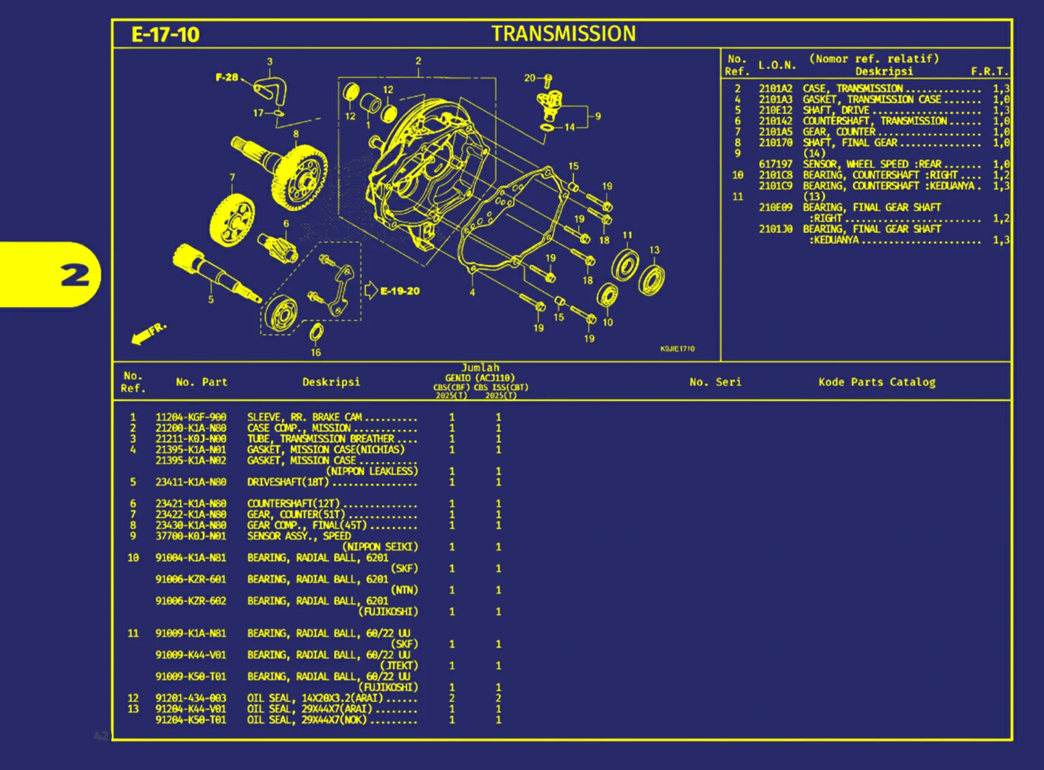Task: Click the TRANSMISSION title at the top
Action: coord(563,33)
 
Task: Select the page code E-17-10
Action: coord(165,35)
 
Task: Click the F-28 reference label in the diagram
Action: coord(227,77)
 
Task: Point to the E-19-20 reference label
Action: coord(400,291)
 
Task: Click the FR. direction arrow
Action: coord(148,333)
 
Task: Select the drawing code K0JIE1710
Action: coord(676,349)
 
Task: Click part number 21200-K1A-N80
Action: coord(191,428)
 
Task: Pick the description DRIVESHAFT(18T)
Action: coord(288,482)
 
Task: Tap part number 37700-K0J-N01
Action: coord(191,536)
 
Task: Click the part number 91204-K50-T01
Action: coord(191,720)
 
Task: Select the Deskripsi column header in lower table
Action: coord(331,382)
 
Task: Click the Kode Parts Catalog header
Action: coord(877,382)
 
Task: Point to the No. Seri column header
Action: coord(715,382)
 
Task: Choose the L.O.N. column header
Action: coord(777,66)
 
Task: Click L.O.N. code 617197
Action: coord(775,165)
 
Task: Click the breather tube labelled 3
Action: coord(272,89)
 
